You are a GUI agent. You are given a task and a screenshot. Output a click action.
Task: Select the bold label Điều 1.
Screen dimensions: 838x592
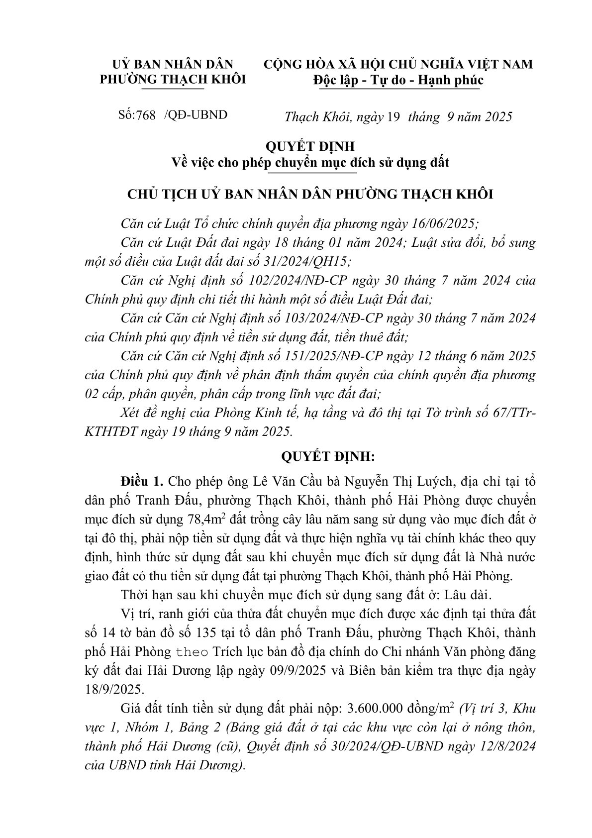click(141, 482)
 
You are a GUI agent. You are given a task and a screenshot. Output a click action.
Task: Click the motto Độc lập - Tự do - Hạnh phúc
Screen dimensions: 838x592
click(398, 80)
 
